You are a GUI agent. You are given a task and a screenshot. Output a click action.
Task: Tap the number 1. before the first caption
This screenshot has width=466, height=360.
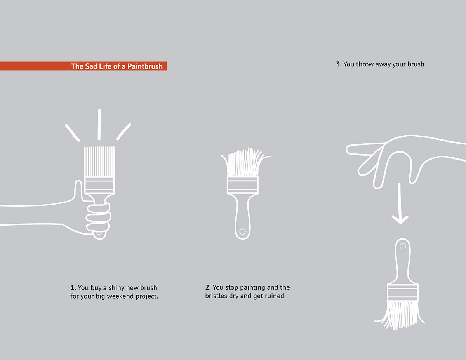click(73, 288)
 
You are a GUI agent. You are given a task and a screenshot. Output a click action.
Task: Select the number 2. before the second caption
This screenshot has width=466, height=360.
click(208, 288)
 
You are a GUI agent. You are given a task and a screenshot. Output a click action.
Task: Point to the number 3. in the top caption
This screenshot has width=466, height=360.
click(339, 64)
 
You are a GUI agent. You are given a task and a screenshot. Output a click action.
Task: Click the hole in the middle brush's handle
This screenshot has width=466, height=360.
click(242, 231)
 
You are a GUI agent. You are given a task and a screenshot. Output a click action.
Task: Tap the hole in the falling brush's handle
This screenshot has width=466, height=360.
click(403, 246)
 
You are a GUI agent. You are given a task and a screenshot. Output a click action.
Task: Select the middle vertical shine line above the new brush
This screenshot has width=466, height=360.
click(99, 124)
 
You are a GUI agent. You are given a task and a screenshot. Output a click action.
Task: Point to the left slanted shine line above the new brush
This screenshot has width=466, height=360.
click(72, 132)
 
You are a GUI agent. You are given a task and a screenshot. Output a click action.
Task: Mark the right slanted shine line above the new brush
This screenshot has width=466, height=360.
click(124, 132)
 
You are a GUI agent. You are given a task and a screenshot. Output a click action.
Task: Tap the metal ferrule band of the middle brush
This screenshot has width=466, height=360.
click(242, 186)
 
